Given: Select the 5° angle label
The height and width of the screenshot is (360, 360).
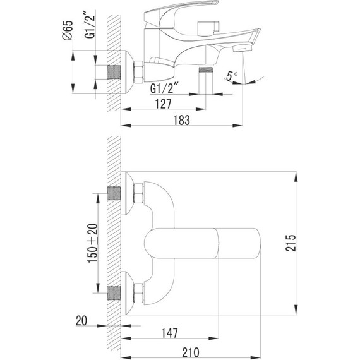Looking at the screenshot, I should click(232, 76).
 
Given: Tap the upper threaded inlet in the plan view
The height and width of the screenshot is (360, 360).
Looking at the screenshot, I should click(114, 195).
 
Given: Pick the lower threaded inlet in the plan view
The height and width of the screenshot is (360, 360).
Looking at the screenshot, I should click(114, 295).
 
